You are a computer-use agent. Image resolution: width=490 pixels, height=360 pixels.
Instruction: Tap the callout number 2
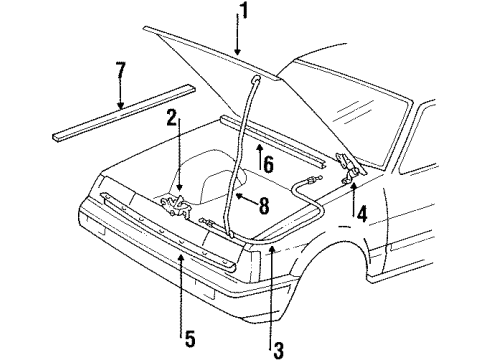click(172, 118)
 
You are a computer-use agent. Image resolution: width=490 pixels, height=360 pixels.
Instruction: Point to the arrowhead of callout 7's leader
click(120, 107)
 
